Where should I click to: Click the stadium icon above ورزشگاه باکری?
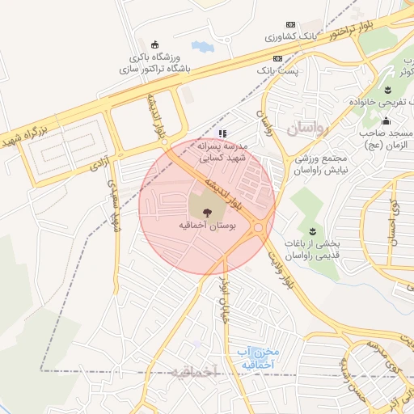pyautogui.click(x=155, y=44)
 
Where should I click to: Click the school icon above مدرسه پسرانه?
pyautogui.click(x=222, y=133)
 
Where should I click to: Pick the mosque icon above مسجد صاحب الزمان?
pyautogui.click(x=385, y=121)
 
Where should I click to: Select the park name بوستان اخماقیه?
pyautogui.click(x=207, y=227)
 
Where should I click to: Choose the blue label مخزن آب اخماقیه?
pyautogui.click(x=258, y=358)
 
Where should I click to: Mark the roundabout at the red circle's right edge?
pyautogui.click(x=259, y=228)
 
